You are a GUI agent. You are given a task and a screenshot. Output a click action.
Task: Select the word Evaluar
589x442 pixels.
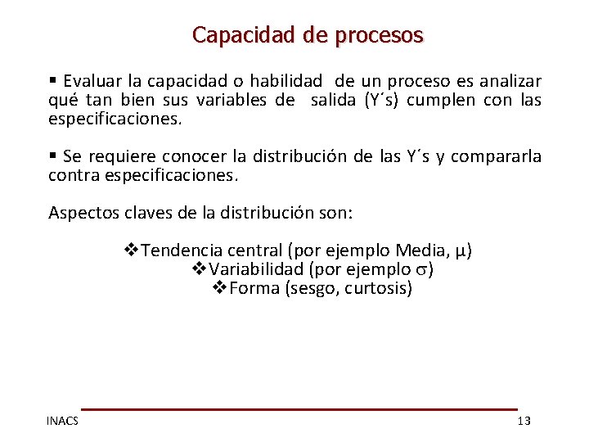pyautogui.click(x=92, y=81)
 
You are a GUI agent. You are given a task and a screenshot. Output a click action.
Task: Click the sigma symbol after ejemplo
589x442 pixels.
pyautogui.click(x=421, y=270)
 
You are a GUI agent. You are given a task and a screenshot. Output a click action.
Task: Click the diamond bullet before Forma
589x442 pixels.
pyautogui.click(x=219, y=288)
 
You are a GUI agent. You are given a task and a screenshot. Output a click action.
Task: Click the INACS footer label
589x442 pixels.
pyautogui.click(x=63, y=421)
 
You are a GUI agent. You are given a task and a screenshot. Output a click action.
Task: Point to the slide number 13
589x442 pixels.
pyautogui.click(x=524, y=421)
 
